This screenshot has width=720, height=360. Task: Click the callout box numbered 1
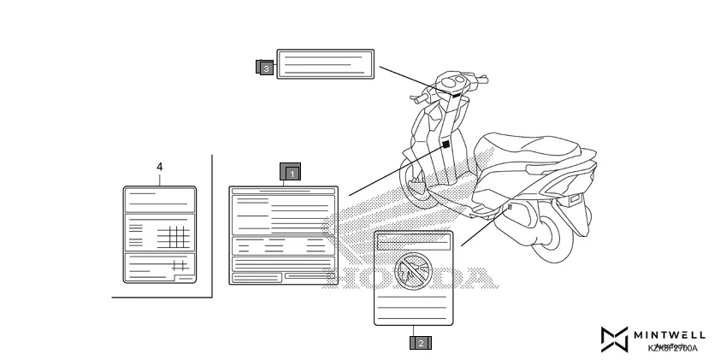[291, 173]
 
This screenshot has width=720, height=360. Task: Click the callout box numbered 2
[420, 343]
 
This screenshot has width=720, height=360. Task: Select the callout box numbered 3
[265, 66]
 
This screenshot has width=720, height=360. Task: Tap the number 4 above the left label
[160, 168]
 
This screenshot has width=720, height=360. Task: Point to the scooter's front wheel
[419, 190]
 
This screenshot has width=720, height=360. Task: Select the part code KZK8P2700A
[673, 348]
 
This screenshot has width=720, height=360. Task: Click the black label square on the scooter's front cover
[446, 146]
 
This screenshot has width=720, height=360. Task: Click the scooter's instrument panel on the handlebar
[453, 84]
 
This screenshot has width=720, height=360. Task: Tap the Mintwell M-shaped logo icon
[614, 339]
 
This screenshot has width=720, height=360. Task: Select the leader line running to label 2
[484, 226]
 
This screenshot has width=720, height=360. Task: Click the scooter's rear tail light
[570, 197]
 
